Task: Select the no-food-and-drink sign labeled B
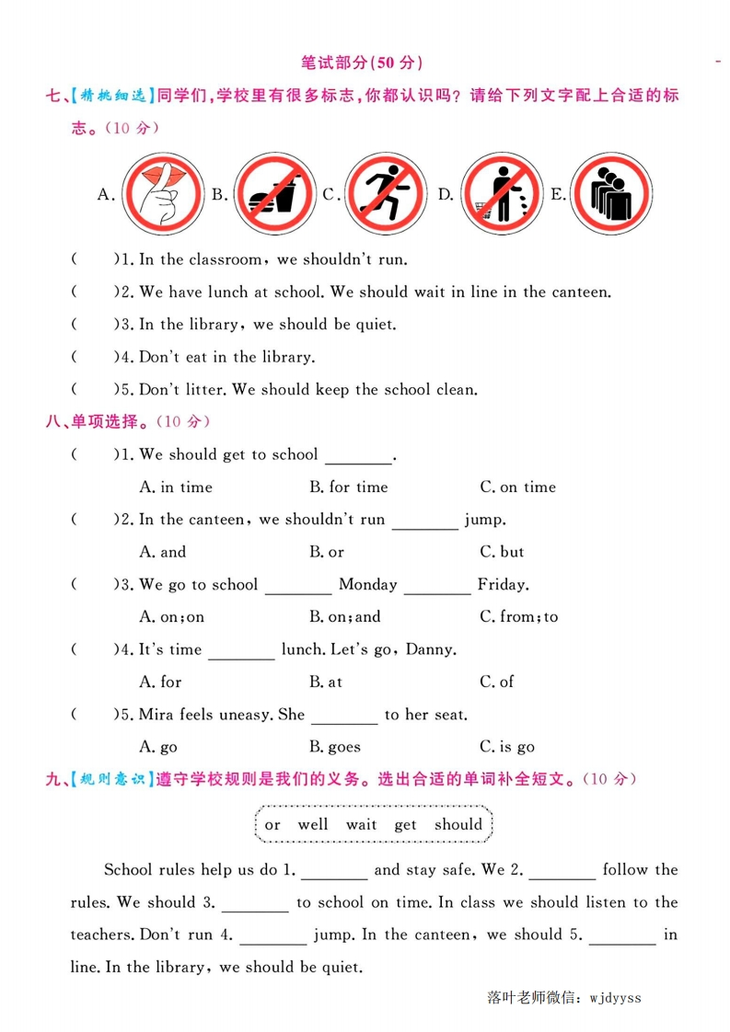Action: pos(273,194)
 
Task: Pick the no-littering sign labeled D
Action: pos(500,194)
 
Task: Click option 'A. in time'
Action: pos(175,487)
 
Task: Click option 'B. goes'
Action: pos(334,747)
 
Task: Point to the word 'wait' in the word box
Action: pos(361,824)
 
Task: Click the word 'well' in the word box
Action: pos(313,824)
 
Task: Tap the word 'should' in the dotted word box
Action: pos(458,824)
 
